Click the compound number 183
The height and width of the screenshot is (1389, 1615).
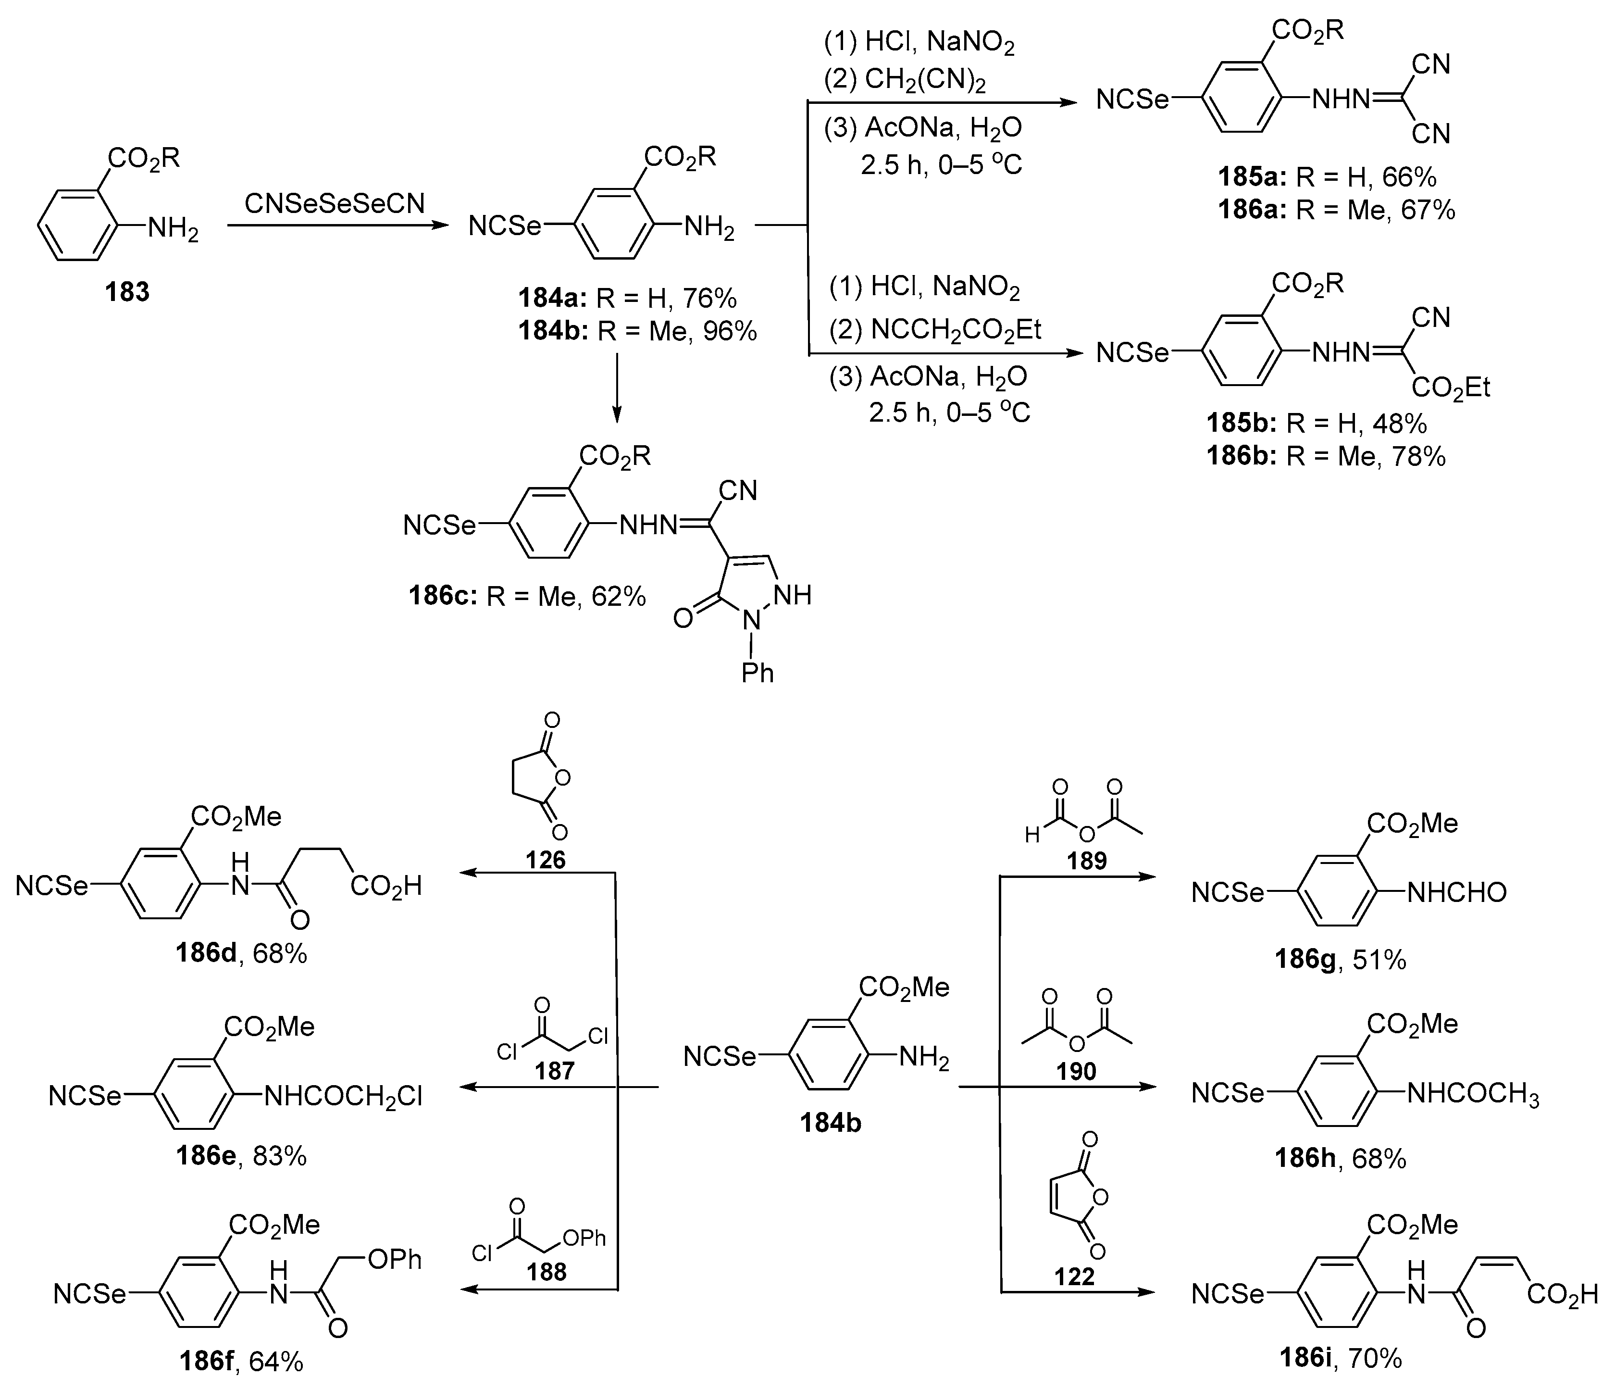point(127,292)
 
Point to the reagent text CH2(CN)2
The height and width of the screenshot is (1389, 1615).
point(925,80)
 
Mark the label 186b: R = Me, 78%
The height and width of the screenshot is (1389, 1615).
point(1326,456)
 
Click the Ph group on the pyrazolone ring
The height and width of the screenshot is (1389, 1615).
point(758,672)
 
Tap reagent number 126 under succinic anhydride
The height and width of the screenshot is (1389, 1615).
point(545,860)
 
